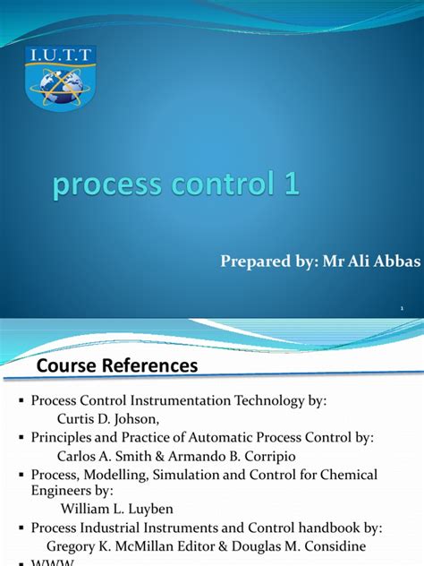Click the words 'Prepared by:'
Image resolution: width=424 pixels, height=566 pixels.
click(260, 262)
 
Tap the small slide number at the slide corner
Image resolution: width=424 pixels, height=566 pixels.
click(402, 309)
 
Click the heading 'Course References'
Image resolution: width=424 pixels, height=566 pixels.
click(116, 365)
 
